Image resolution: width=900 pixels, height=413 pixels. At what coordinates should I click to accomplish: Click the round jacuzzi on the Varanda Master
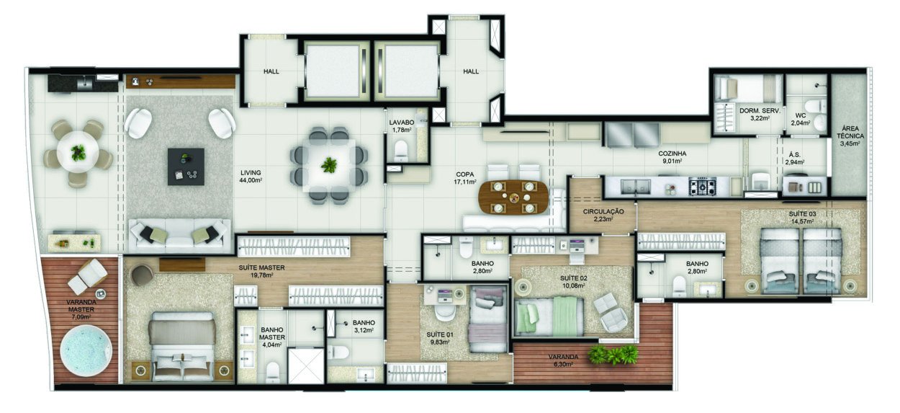click(86, 351)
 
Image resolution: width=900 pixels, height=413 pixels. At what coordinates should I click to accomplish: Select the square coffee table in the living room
click(186, 166)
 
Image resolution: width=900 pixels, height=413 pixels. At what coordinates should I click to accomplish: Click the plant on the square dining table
click(329, 165)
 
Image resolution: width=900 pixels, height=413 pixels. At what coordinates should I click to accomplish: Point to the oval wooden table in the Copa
click(513, 197)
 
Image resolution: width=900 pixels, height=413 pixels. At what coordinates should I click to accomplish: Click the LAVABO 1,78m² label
click(400, 126)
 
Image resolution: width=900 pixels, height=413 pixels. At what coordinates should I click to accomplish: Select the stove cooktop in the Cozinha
click(703, 188)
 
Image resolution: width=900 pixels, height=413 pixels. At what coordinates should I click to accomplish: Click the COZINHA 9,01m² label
click(672, 157)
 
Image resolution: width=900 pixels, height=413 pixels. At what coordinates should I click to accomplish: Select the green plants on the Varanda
click(613, 354)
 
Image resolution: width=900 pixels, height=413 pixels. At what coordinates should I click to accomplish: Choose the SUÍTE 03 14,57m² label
click(801, 217)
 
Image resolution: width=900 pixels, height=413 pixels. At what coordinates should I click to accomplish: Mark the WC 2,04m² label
click(801, 119)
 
